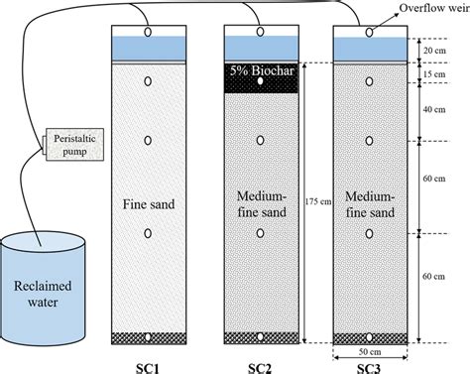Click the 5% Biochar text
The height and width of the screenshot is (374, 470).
click(260, 71)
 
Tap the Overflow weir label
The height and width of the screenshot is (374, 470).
click(432, 8)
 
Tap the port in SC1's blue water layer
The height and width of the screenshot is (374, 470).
click(148, 33)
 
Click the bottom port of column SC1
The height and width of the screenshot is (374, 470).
click(148, 336)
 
